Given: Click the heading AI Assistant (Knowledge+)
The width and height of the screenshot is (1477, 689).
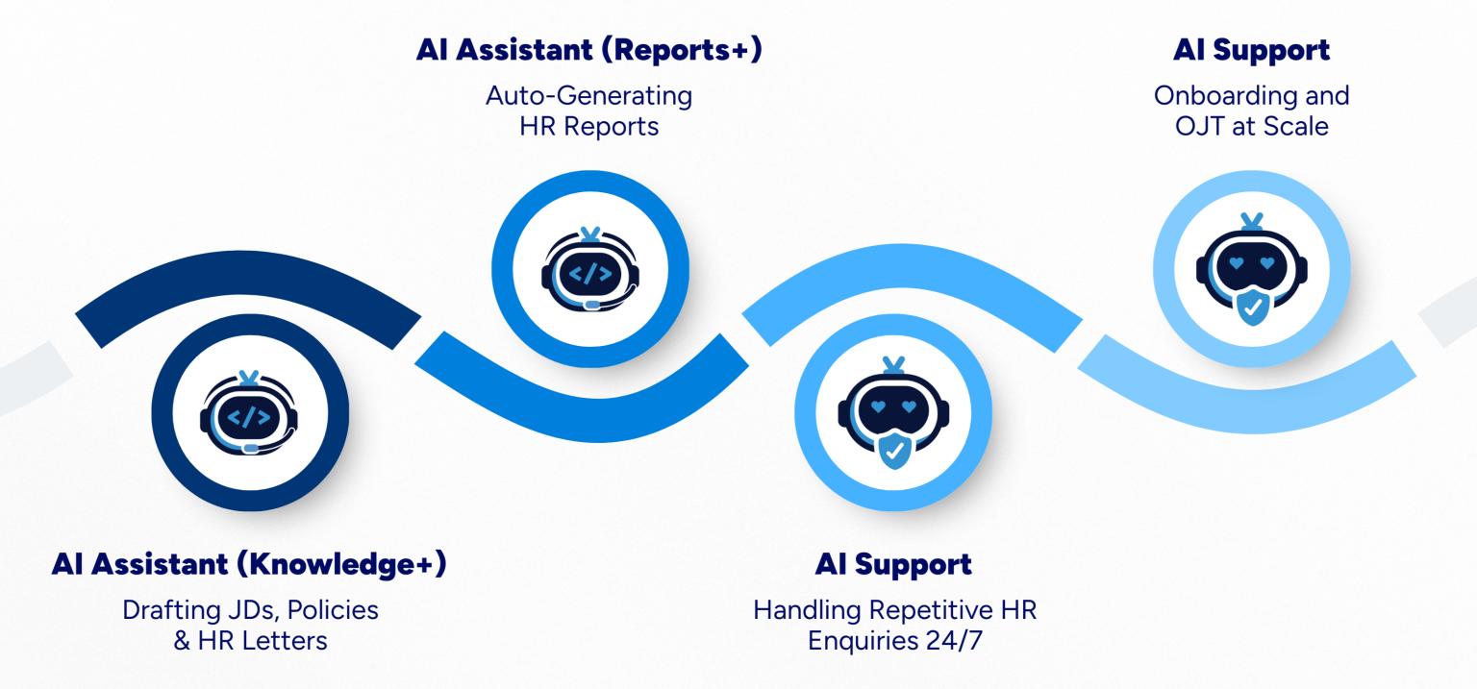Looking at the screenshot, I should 249,565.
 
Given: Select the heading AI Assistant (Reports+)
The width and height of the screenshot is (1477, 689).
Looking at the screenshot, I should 588,50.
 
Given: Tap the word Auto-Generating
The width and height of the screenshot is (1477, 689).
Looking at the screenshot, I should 588,96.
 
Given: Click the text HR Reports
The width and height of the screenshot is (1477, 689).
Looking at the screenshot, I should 588,127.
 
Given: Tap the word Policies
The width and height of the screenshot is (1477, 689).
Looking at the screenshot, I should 332,610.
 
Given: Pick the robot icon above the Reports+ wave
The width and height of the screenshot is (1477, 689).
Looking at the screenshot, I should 590,271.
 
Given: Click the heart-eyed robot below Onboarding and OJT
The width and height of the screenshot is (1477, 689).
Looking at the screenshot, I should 1252,271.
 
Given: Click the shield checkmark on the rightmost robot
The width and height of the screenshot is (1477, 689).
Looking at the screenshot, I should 1252,308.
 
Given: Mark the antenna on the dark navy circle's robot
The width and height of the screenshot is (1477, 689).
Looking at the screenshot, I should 249,378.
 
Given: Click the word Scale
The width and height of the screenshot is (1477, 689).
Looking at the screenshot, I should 1297,127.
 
